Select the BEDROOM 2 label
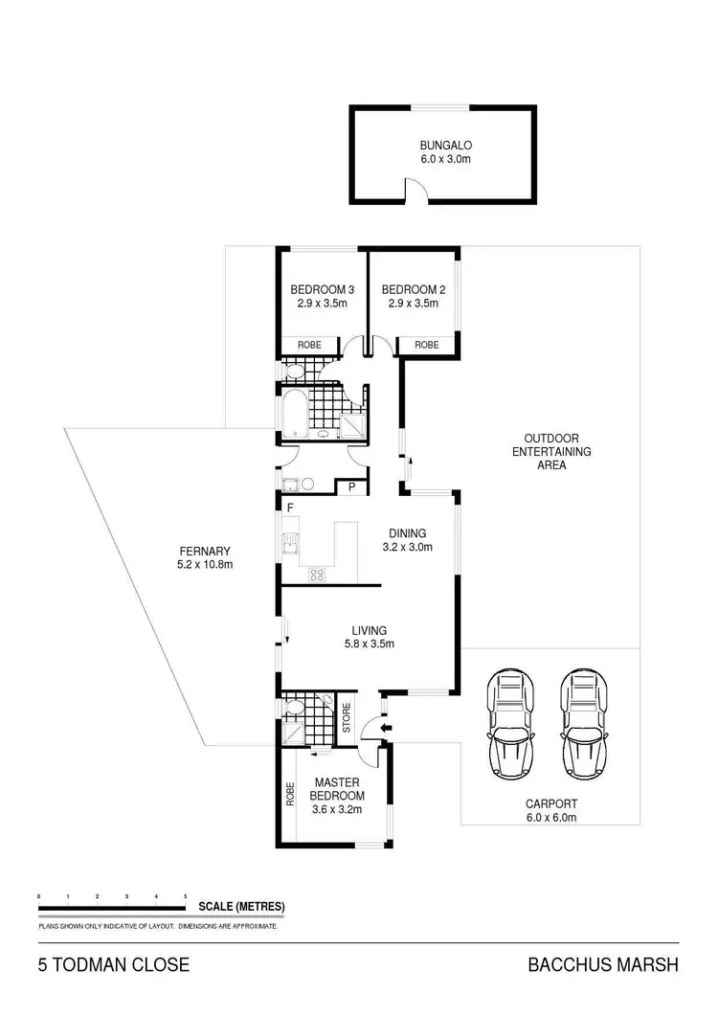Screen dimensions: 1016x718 pyautogui.click(x=414, y=289)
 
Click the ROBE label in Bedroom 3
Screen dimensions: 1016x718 pyautogui.click(x=307, y=345)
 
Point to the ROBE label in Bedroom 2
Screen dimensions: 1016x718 pyautogui.click(x=426, y=345)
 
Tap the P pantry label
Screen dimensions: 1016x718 pyautogui.click(x=352, y=487)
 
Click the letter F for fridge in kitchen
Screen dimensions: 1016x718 pyautogui.click(x=288, y=505)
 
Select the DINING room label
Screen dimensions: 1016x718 pyautogui.click(x=407, y=533)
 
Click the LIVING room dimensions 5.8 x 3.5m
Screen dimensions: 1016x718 pyautogui.click(x=369, y=644)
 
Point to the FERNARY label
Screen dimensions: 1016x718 pyautogui.click(x=205, y=551)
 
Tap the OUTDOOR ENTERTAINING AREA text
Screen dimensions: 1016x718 pyautogui.click(x=551, y=451)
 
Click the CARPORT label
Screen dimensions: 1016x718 pyautogui.click(x=550, y=804)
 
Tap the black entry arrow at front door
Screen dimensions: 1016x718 pyautogui.click(x=385, y=729)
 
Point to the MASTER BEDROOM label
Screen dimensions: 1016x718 pyautogui.click(x=338, y=789)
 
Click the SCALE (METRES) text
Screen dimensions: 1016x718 pyautogui.click(x=241, y=906)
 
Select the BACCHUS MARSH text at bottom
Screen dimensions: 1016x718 pyautogui.click(x=603, y=965)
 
